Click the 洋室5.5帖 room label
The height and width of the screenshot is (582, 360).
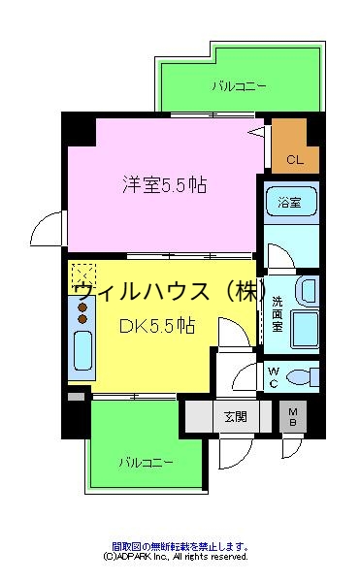[164, 184]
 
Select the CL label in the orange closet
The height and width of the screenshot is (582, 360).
[295, 160]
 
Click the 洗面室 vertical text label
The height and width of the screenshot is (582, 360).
[277, 312]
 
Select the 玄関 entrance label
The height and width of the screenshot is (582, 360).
[235, 417]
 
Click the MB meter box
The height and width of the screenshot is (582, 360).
[292, 417]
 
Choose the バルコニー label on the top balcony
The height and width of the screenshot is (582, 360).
[239, 86]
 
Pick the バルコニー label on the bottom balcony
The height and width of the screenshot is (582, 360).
[145, 461]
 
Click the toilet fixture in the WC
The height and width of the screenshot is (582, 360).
[304, 375]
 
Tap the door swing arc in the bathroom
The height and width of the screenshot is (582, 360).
[278, 257]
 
